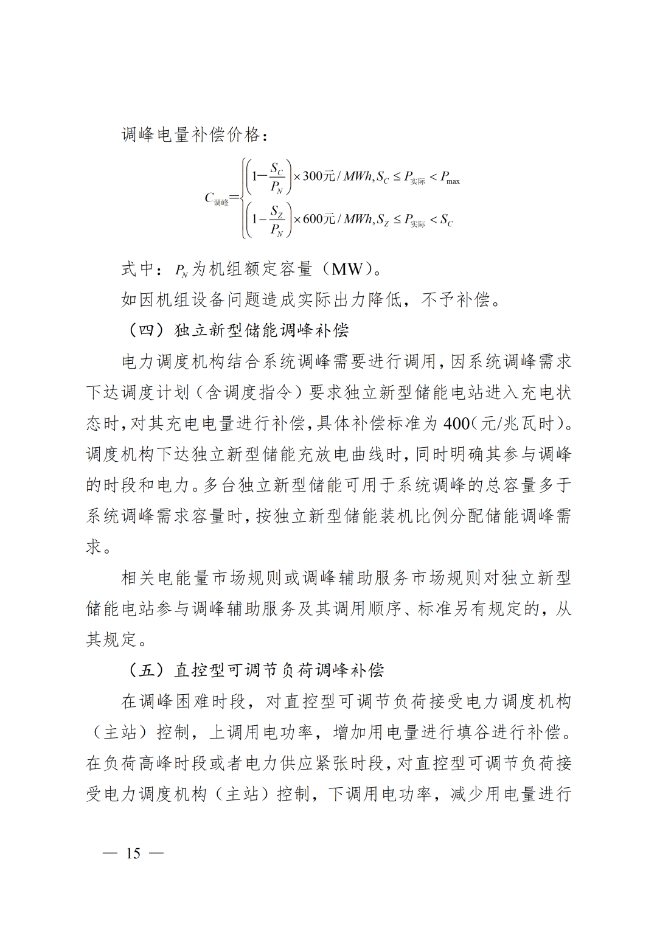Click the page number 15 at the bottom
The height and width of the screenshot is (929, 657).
[133, 854]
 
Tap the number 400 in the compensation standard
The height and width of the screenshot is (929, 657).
[456, 423]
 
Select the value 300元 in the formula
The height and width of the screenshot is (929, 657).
[319, 176]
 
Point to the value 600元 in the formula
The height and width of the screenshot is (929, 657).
[319, 219]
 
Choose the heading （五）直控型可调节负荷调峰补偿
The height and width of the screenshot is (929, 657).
[255, 670]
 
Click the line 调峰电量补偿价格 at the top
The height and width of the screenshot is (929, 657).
[193, 134]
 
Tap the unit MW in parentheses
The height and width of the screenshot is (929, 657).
[347, 269]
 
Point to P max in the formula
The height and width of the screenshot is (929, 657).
[450, 178]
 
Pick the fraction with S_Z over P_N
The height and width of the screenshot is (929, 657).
[277, 220]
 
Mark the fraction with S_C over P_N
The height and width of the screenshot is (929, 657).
[277, 177]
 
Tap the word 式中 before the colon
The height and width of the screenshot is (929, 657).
[137, 269]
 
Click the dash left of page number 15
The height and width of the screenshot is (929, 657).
[110, 854]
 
